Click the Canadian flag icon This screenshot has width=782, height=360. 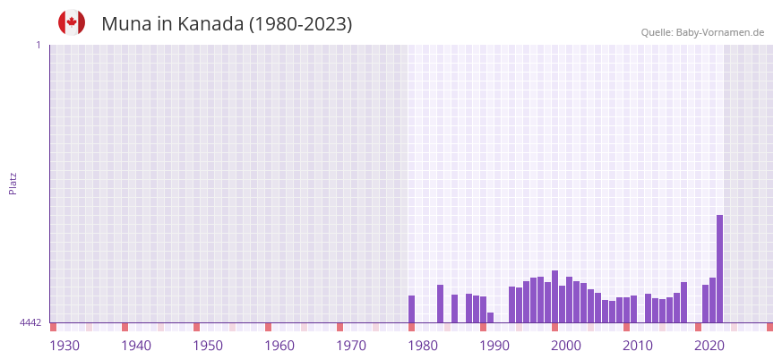(x=72, y=22)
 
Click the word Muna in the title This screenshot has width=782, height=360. (x=126, y=24)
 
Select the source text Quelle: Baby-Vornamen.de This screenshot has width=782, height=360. (x=702, y=32)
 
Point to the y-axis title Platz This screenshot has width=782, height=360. (x=13, y=183)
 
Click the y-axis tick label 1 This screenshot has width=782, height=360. (x=38, y=45)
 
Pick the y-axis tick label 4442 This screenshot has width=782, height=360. (x=30, y=322)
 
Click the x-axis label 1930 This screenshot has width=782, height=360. (x=64, y=346)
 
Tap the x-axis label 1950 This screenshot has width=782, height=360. (x=208, y=346)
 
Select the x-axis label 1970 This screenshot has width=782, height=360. (x=351, y=346)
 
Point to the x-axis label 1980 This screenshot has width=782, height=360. (x=423, y=346)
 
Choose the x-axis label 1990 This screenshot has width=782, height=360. (x=494, y=346)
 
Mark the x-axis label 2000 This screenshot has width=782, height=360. (x=566, y=346)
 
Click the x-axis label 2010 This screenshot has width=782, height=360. (x=638, y=346)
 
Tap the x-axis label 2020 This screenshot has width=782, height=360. (x=709, y=346)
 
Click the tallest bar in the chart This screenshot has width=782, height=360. (x=719, y=269)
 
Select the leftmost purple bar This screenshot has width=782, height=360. (x=411, y=309)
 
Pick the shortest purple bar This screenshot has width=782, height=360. (x=490, y=317)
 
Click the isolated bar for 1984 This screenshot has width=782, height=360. (x=454, y=308)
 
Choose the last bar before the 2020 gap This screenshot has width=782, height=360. (x=683, y=302)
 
